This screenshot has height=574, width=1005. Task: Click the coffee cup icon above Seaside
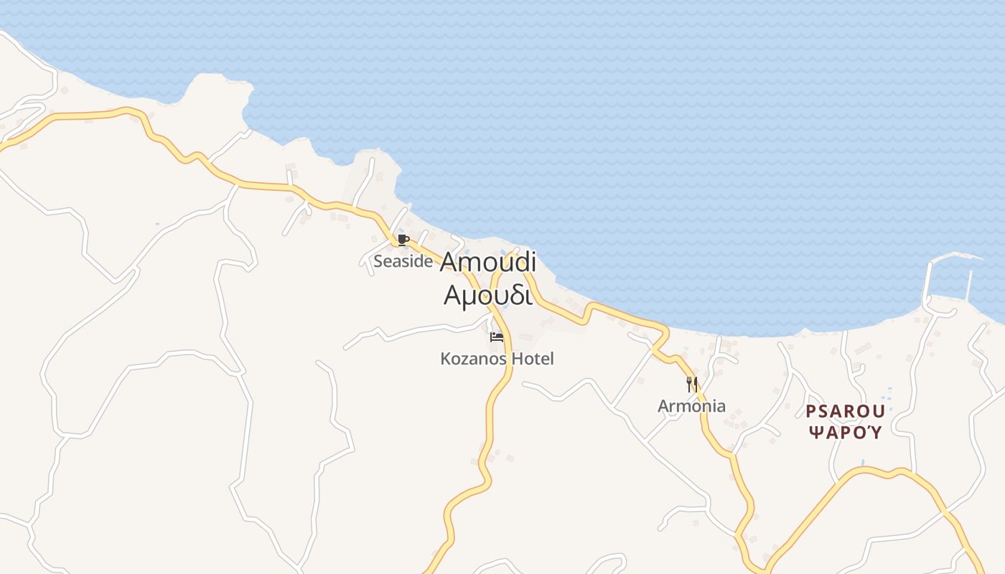403,240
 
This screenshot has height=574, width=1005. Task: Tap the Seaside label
403,261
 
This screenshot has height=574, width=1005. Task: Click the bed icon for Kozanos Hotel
497,337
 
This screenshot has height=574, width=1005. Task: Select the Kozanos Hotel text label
497,358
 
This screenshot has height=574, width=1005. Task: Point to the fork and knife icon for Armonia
692,384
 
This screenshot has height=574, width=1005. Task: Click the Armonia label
691,406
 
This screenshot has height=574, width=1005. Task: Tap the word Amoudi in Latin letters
488,262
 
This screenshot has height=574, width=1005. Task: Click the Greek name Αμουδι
488,295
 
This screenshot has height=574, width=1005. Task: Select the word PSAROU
845,412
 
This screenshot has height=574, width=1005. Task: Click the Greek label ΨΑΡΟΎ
845,432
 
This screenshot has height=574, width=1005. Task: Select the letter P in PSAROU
810,412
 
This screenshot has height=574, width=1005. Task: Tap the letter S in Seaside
378,261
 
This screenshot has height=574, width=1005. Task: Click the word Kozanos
475,358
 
